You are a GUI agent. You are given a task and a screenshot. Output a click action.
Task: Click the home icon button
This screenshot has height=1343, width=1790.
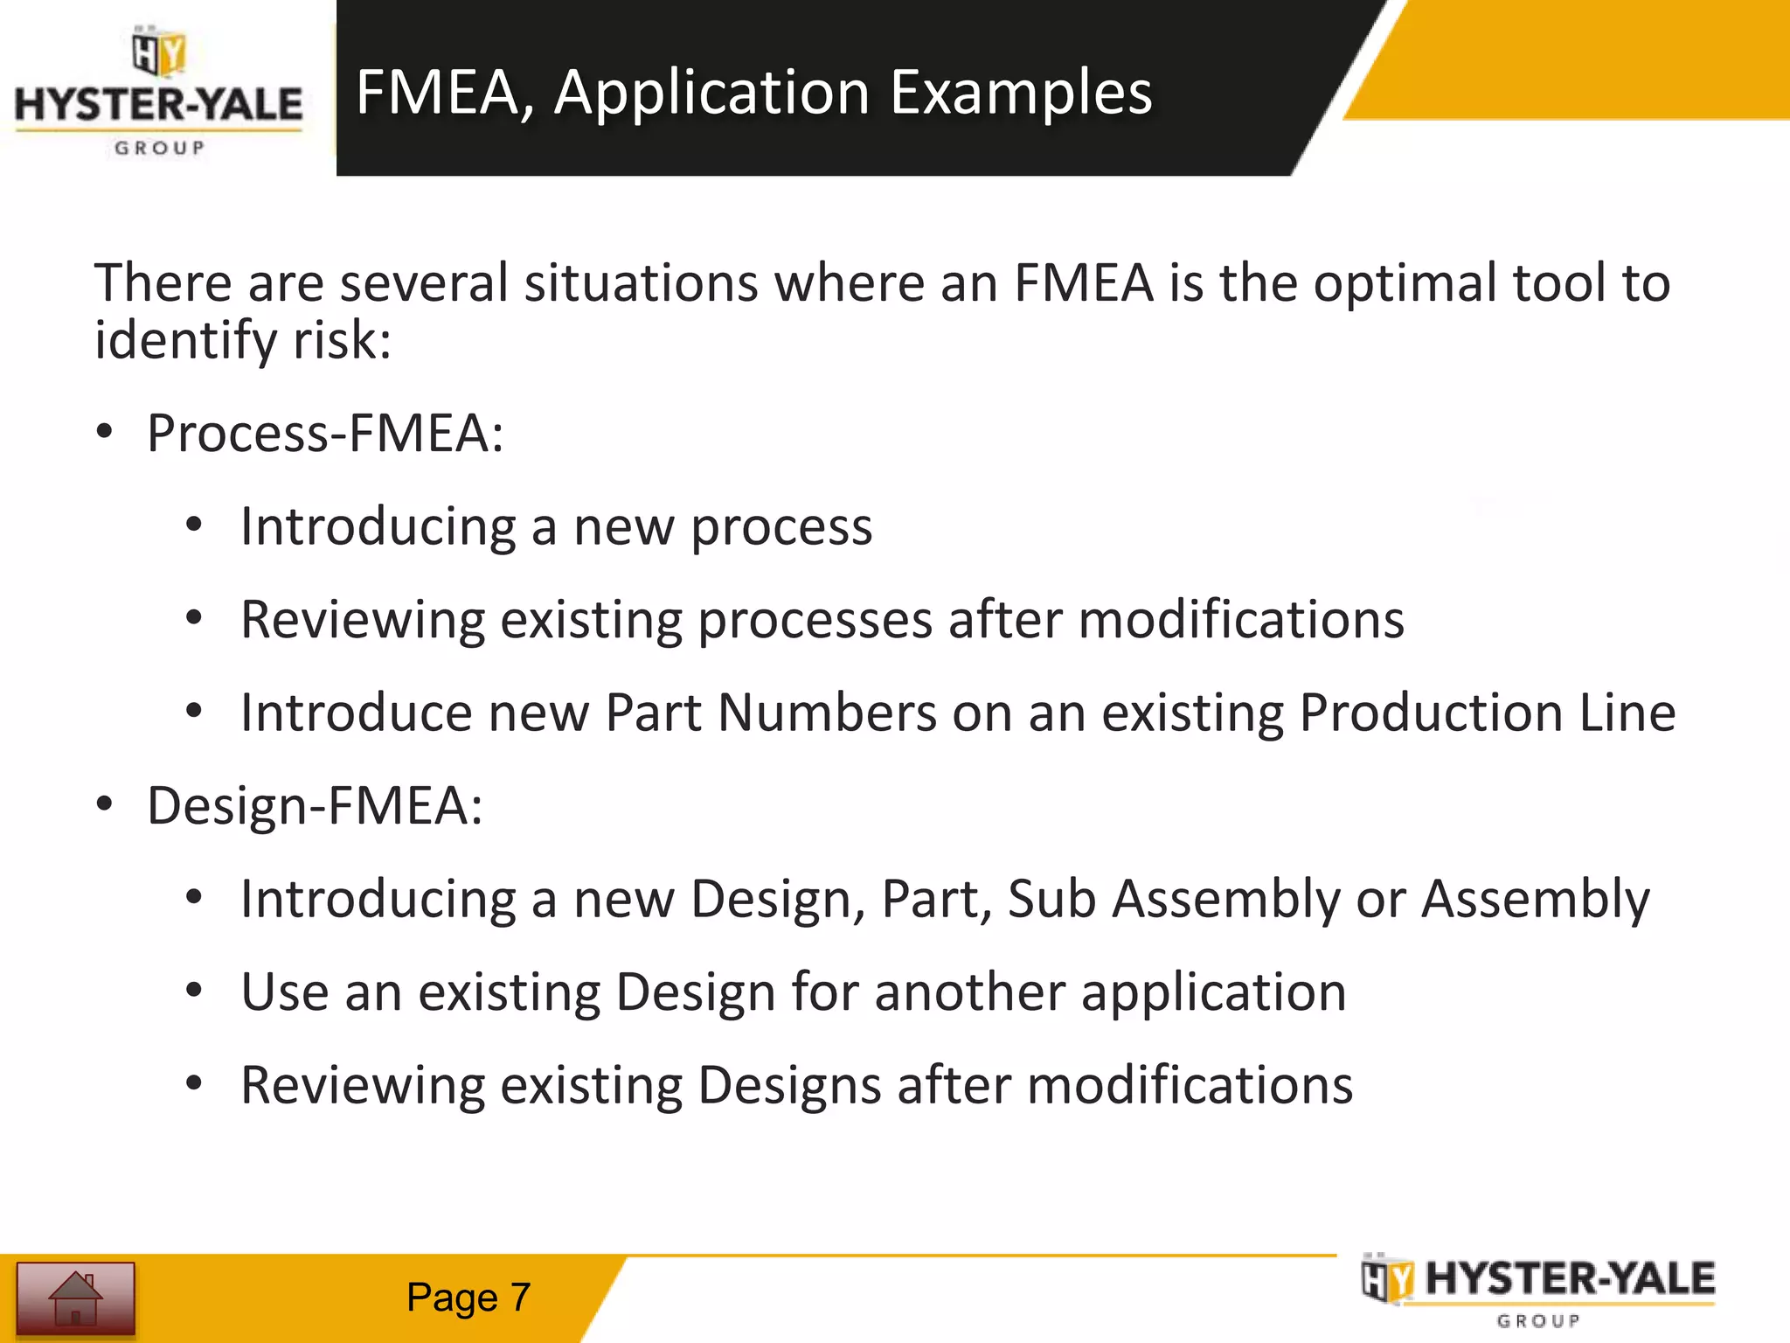[75, 1298]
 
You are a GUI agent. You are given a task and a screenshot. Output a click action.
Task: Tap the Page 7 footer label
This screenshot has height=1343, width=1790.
[468, 1298]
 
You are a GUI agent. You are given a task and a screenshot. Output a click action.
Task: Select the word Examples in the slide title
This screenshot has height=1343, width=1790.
[1021, 93]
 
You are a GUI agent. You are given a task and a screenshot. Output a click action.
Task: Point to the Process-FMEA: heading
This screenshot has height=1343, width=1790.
[325, 434]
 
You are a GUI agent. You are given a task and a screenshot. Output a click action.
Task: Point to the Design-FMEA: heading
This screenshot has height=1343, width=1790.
[315, 806]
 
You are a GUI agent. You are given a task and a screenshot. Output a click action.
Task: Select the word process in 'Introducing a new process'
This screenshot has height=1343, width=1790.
[781, 528]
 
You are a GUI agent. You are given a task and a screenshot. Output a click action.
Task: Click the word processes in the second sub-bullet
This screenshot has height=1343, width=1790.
[815, 621]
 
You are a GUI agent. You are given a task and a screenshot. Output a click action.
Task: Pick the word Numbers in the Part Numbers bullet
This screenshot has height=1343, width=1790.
[827, 713]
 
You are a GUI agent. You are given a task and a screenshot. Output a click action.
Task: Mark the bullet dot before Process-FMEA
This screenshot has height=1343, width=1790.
[105, 432]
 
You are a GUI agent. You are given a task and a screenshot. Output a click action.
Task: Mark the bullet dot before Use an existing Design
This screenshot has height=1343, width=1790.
[194, 992]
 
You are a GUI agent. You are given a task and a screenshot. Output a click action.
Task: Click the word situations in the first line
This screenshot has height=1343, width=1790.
[641, 285]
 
